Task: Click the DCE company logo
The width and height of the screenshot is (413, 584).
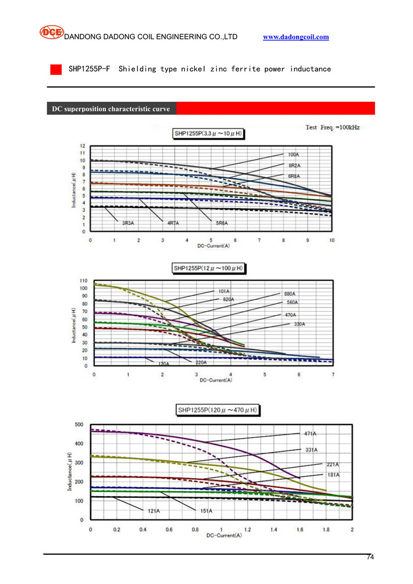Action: [x=51, y=33]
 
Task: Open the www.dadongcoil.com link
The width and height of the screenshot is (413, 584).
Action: [x=296, y=37]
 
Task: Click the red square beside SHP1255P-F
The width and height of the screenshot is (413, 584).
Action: [x=56, y=69]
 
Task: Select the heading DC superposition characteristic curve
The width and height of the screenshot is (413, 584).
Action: [x=111, y=109]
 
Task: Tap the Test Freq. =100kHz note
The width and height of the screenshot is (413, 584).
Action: [x=333, y=127]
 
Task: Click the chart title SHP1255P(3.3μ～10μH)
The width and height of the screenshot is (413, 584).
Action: [x=209, y=134]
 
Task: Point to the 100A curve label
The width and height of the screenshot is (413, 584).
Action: [x=294, y=155]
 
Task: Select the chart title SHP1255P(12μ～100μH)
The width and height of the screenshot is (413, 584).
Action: [x=209, y=268]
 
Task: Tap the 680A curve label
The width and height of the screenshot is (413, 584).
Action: [x=290, y=294]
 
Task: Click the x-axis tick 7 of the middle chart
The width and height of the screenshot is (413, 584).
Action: [x=333, y=375]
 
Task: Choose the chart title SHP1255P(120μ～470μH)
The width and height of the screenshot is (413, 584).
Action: [x=218, y=411]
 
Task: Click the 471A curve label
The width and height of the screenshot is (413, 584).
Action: [x=310, y=433]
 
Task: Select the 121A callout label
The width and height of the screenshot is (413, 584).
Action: [x=154, y=511]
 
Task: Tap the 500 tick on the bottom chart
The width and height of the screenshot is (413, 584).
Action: [x=78, y=424]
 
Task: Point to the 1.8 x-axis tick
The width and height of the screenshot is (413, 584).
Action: [x=326, y=530]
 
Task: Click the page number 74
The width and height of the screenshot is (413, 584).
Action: [x=370, y=558]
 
